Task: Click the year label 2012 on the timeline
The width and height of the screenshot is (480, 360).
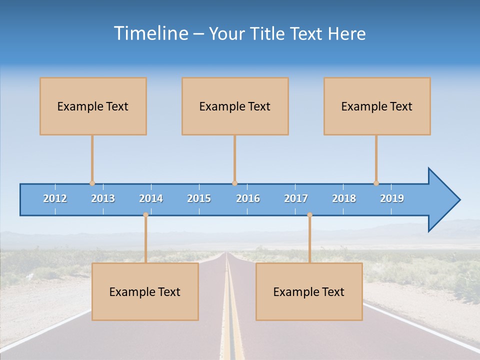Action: pyautogui.click(x=55, y=198)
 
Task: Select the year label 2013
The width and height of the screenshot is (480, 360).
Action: pyautogui.click(x=103, y=198)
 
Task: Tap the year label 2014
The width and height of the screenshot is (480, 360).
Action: pyautogui.click(x=151, y=198)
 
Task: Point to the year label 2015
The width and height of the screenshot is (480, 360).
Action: pyautogui.click(x=199, y=198)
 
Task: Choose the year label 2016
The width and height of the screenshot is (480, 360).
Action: pyautogui.click(x=248, y=198)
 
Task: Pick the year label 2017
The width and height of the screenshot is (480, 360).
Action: pyautogui.click(x=296, y=198)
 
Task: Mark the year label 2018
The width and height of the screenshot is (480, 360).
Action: pyautogui.click(x=344, y=198)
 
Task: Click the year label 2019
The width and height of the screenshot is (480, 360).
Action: pyautogui.click(x=392, y=198)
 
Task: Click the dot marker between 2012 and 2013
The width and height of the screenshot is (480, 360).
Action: pyautogui.click(x=92, y=183)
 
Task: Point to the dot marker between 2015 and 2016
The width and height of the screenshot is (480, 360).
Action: pyautogui.click(x=234, y=183)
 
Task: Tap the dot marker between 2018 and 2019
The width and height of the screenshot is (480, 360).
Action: pyautogui.click(x=376, y=183)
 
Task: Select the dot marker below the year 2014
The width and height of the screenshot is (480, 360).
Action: pyautogui.click(x=145, y=215)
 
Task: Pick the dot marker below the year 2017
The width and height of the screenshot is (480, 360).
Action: pyautogui.click(x=309, y=215)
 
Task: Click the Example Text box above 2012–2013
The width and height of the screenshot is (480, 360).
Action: pyautogui.click(x=93, y=106)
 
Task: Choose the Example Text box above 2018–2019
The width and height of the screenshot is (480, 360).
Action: pyautogui.click(x=377, y=106)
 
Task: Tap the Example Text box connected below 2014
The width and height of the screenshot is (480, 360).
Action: pyautogui.click(x=145, y=291)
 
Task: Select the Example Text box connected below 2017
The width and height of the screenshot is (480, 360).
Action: pyautogui.click(x=309, y=291)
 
